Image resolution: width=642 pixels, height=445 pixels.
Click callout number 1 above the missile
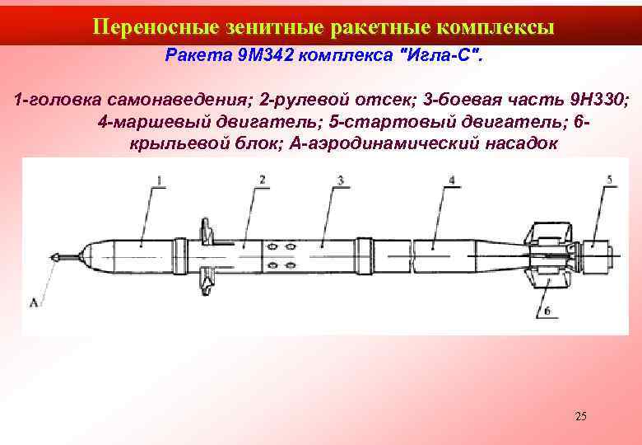[x=159, y=179]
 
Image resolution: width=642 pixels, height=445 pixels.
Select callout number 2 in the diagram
[x=261, y=179]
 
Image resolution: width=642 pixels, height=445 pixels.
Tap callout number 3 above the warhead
[x=340, y=179]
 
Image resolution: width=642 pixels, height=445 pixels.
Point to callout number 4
[x=452, y=179]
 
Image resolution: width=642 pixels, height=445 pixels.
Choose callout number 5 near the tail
[x=609, y=179]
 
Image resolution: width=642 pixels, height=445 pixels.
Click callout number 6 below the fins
[x=547, y=311]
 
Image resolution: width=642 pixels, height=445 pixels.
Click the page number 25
[x=581, y=416]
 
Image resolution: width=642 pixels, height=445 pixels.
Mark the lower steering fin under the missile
[x=207, y=282]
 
